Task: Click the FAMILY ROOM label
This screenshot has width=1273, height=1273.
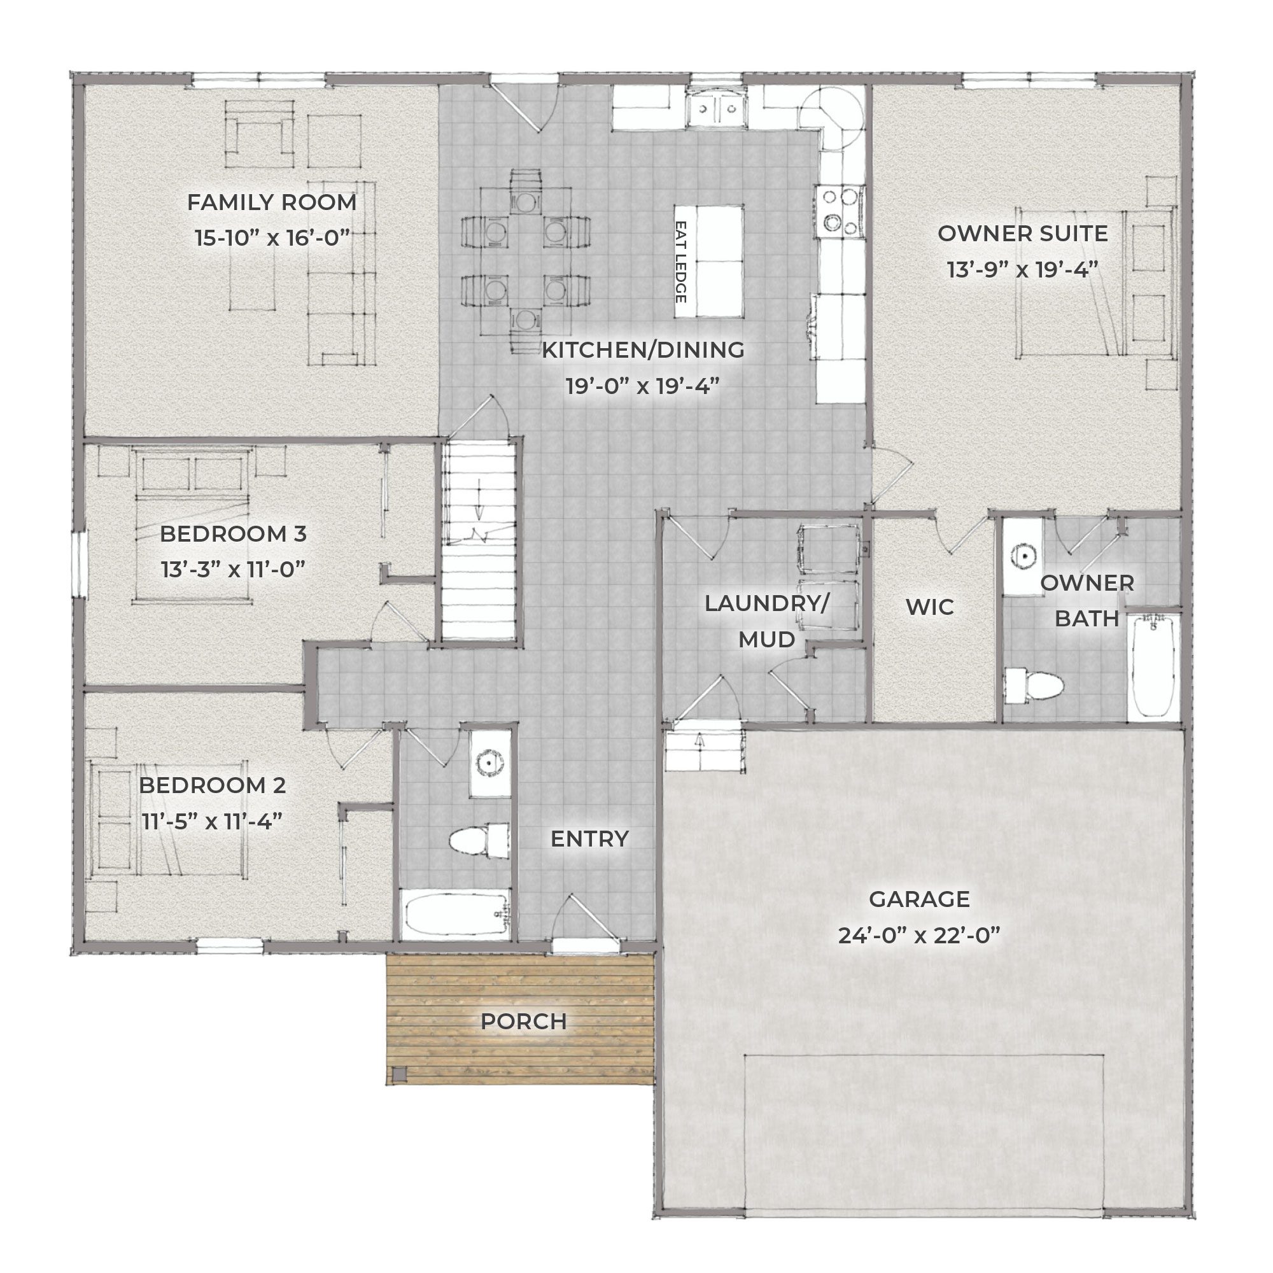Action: click(x=272, y=202)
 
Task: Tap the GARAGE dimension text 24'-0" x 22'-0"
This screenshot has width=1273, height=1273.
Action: click(x=919, y=935)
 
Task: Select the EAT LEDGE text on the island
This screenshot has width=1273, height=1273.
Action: click(x=681, y=262)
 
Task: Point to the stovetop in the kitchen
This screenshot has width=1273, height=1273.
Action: click(x=841, y=212)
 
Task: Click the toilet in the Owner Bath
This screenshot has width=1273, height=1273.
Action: click(x=1033, y=686)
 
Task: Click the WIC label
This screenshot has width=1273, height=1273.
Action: click(x=930, y=607)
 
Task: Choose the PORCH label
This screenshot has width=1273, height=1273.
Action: click(x=523, y=1021)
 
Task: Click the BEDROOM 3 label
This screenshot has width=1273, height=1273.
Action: click(x=233, y=534)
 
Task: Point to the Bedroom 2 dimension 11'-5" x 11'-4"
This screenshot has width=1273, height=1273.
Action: click(x=212, y=822)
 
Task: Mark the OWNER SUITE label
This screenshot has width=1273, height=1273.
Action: click(x=1023, y=233)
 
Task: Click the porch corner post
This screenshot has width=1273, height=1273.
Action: click(x=398, y=1074)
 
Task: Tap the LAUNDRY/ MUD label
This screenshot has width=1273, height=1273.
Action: click(x=767, y=621)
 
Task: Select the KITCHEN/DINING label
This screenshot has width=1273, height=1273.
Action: click(x=643, y=350)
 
